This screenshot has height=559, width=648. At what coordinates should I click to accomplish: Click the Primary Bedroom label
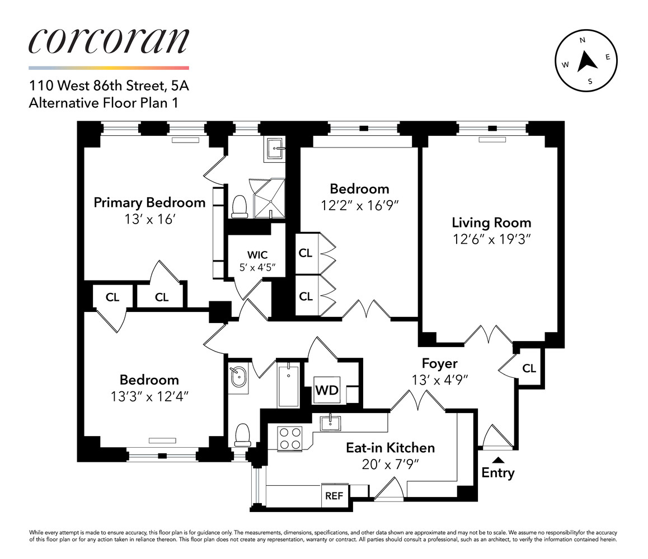pyautogui.click(x=149, y=202)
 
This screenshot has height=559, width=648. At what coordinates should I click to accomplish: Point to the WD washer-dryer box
pyautogui.click(x=326, y=390)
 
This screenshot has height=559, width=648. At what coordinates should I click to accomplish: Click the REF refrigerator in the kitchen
pyautogui.click(x=334, y=495)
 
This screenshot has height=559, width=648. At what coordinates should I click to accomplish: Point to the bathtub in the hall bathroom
pyautogui.click(x=289, y=385)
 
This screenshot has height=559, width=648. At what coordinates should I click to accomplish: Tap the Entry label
pyautogui.click(x=497, y=473)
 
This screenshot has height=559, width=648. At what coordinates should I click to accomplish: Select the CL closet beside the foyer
pyautogui.click(x=529, y=368)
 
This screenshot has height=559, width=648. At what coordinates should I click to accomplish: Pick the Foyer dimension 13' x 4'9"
pyautogui.click(x=440, y=379)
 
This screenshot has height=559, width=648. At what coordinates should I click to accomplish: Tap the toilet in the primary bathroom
pyautogui.click(x=240, y=206)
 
